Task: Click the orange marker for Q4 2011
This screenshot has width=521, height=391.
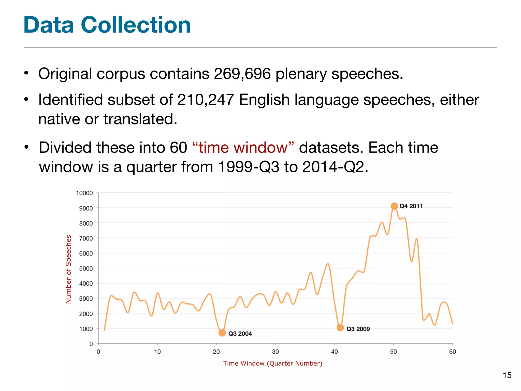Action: [x=394, y=206]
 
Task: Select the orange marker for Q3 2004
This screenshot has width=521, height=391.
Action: [x=222, y=333]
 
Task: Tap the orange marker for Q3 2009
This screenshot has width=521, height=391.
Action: [x=340, y=328]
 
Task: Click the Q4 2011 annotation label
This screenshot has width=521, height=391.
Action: [x=411, y=206]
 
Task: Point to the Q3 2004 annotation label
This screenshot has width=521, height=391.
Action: [x=240, y=334]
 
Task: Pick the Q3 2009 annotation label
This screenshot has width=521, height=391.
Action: [x=358, y=329]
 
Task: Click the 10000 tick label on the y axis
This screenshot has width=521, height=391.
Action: [x=84, y=193]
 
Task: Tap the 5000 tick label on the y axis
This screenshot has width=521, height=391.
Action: [x=86, y=269]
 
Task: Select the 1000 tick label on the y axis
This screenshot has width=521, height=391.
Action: [x=86, y=329]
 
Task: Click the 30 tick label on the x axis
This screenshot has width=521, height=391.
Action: [x=276, y=352]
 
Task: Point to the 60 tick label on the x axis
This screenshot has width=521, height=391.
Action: [x=453, y=352]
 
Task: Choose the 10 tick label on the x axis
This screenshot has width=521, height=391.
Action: [x=157, y=352]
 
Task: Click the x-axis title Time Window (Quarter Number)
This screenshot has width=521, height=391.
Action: [x=273, y=364]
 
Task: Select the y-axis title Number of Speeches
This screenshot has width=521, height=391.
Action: [x=68, y=269]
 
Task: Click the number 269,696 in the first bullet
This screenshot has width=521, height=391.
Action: [x=242, y=74]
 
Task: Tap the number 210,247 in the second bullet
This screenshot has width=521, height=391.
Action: [x=206, y=100]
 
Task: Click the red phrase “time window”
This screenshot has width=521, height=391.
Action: [x=243, y=148]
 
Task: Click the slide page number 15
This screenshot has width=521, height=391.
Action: [x=507, y=375]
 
